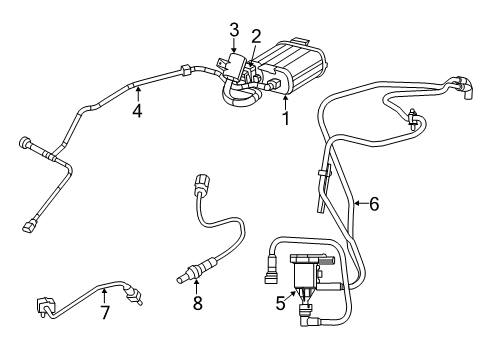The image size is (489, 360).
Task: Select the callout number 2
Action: coord(256,36)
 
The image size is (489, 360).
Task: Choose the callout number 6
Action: coord(373,204)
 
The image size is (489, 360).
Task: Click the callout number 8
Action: coord(197,303)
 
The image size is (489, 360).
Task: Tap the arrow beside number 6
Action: coord(357,204)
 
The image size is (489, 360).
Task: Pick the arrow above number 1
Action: coord(287,100)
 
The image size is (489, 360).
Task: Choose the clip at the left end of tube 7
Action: coord(43,305)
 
